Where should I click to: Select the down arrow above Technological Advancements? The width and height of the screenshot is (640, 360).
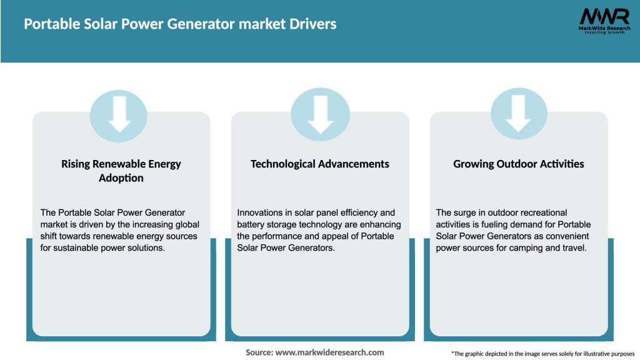click(320, 114)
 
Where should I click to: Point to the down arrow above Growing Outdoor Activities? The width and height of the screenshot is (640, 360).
click(518, 114)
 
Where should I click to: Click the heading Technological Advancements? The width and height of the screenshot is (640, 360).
click(320, 164)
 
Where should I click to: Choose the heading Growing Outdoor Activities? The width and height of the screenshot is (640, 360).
click(519, 164)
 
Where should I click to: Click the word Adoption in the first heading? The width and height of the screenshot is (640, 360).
click(121, 178)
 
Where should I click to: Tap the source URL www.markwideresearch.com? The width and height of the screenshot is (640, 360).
click(329, 352)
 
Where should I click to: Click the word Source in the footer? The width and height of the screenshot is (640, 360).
click(258, 352)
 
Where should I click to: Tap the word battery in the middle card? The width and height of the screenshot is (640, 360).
click(251, 224)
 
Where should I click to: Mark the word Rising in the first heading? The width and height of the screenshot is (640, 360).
click(76, 164)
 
